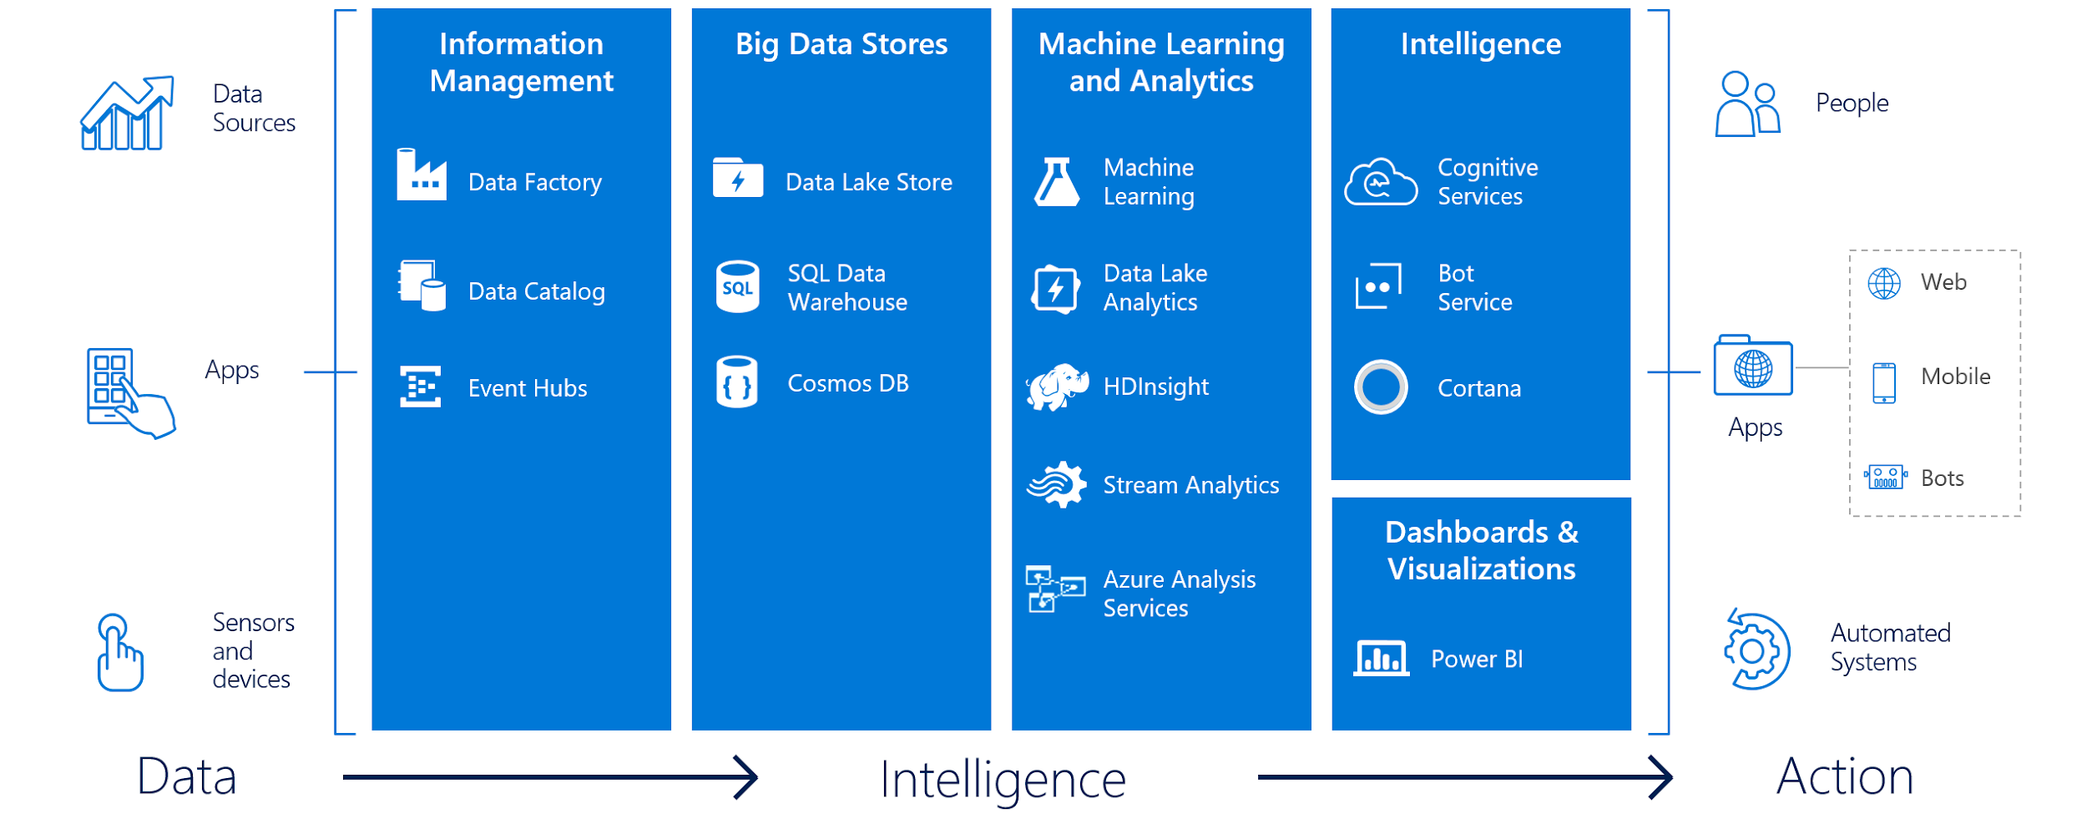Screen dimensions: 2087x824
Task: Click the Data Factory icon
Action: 421,174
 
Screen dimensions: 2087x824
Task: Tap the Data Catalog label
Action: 536,291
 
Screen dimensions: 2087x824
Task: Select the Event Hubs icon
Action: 420,387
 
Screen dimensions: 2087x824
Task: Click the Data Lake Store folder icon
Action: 737,178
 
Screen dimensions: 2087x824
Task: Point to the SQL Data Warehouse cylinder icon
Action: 737,287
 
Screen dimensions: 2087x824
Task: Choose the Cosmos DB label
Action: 847,383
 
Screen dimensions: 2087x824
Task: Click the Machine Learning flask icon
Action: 1057,181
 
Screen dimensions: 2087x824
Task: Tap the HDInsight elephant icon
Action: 1057,387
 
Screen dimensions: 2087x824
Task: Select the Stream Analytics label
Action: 1190,485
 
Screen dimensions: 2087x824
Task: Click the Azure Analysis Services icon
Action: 1054,589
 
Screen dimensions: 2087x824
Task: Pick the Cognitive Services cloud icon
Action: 1381,181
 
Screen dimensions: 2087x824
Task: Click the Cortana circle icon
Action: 1381,387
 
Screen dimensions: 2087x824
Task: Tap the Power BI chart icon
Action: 1381,659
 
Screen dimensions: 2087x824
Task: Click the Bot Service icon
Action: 1378,286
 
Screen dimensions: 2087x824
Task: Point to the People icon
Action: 1748,104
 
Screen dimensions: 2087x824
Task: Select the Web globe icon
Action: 1884,284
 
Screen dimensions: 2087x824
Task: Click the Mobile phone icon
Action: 1884,383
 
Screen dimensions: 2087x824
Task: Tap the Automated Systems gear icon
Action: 1756,650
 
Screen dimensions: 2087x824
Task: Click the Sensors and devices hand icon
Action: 119,653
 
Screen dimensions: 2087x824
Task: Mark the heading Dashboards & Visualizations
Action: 1481,550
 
